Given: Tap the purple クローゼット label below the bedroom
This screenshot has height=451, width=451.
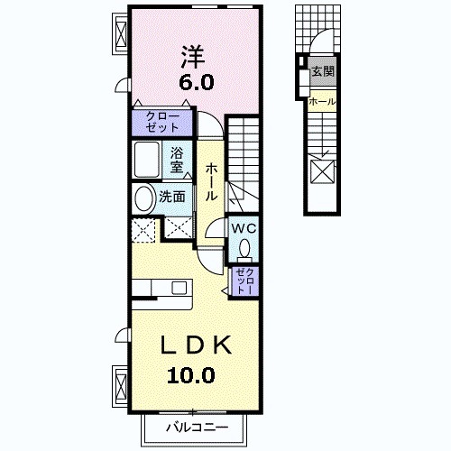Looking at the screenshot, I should click(162, 122).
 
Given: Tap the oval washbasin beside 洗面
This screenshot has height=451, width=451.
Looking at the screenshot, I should click(143, 198).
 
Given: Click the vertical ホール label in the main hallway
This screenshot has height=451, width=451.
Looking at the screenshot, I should click(210, 181).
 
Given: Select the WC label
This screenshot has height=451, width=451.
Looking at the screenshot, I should click(244, 229).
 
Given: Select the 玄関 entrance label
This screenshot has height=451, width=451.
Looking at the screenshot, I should click(322, 71).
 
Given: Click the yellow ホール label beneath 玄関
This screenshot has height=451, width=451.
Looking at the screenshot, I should click(322, 102).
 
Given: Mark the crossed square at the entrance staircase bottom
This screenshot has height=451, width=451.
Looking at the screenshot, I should click(322, 170).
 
